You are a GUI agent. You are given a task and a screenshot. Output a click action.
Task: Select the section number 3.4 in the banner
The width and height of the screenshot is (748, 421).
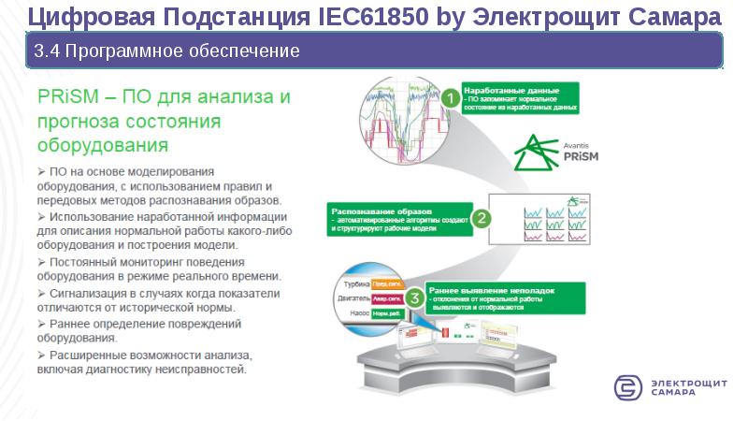[46, 50]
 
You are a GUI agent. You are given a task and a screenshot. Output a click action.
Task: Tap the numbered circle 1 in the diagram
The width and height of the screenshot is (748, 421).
[450, 97]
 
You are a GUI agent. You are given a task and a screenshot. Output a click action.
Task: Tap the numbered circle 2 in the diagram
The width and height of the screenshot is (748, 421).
[480, 218]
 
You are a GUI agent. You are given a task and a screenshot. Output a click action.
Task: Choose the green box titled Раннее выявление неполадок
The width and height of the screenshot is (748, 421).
[505, 296]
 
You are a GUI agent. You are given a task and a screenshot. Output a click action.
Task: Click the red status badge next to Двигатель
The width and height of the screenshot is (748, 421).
[386, 299]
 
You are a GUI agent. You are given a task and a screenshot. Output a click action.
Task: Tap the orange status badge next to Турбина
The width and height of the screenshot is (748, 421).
[386, 283]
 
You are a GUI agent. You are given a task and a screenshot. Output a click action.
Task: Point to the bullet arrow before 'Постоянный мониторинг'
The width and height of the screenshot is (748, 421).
[41, 261]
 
